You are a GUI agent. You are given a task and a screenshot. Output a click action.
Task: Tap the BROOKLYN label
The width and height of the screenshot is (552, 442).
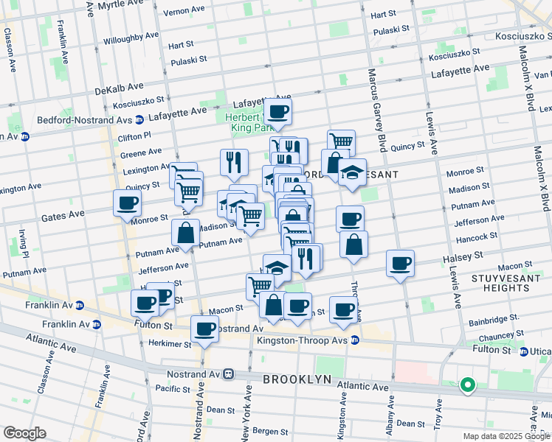297,379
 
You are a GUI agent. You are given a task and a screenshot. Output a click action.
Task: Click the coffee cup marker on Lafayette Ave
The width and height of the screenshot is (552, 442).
277,111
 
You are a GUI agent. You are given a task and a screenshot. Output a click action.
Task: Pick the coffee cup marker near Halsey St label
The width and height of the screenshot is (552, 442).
400,263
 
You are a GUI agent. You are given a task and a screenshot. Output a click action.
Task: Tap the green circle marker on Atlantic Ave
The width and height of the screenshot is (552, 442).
466,384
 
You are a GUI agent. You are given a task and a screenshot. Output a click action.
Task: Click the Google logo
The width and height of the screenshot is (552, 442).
24,433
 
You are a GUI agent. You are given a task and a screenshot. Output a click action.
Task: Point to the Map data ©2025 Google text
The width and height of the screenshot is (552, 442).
506,436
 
